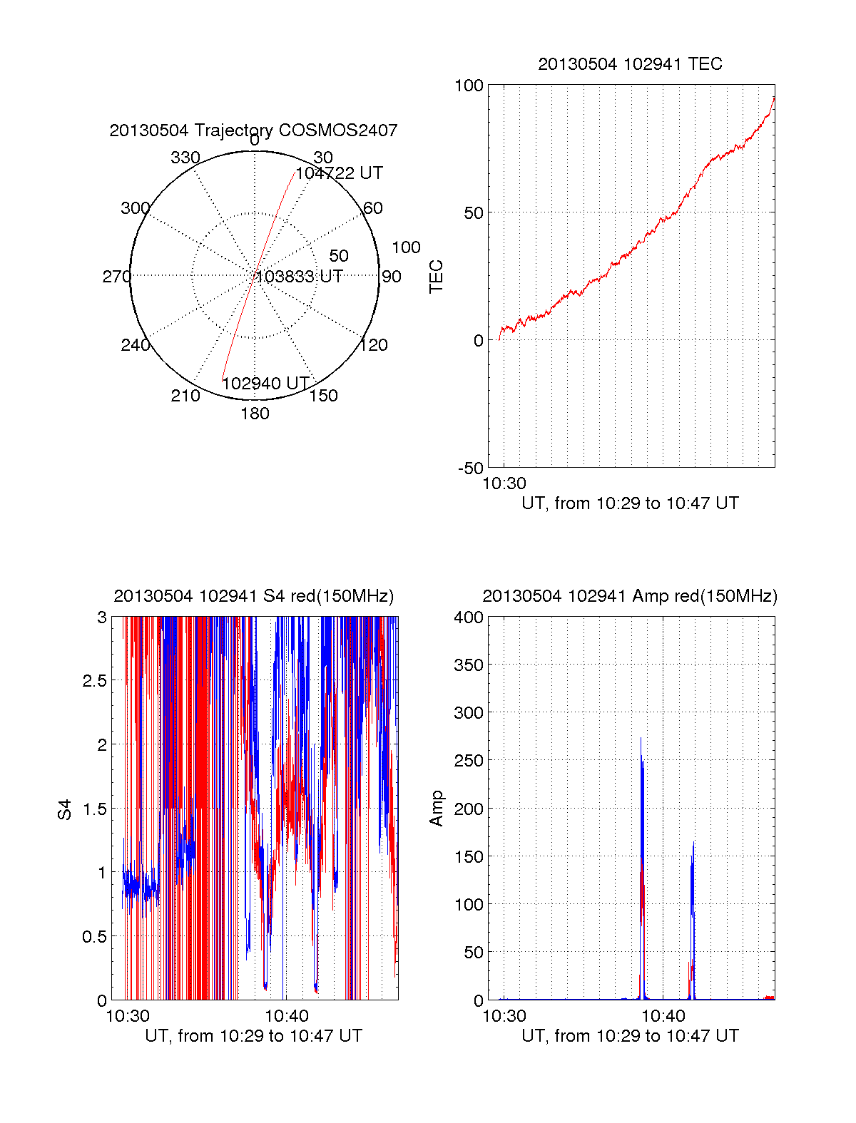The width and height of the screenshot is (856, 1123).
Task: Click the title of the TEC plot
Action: coord(630,64)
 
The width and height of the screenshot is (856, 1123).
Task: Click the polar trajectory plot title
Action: coord(253,130)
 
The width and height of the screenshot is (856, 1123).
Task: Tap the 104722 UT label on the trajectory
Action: coord(339,173)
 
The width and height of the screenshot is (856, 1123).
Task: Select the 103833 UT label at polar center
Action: coord(300,277)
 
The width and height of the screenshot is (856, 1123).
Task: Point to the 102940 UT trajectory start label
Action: coord(265,384)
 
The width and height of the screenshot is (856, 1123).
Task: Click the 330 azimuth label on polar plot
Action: coord(185,158)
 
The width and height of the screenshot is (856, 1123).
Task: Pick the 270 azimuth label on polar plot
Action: coord(116,277)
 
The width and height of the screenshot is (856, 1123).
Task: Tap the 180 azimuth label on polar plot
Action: coord(255,414)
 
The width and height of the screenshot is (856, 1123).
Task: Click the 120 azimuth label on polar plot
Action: coord(374,346)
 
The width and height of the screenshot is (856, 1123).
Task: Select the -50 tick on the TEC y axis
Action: coord(471,468)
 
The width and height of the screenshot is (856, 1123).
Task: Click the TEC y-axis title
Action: coord(436,277)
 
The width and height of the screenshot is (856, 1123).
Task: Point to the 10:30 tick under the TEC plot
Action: coord(504,483)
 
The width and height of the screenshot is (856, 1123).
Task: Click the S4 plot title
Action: coord(253,596)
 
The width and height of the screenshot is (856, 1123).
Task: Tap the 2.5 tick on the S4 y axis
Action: coord(95,681)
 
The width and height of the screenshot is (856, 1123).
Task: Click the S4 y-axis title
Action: coord(65,809)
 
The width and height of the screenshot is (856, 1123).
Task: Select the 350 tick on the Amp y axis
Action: coord(469,665)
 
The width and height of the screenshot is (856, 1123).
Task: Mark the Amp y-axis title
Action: coord(436,809)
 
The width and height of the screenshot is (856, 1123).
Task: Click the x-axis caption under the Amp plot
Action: coord(630,1036)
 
